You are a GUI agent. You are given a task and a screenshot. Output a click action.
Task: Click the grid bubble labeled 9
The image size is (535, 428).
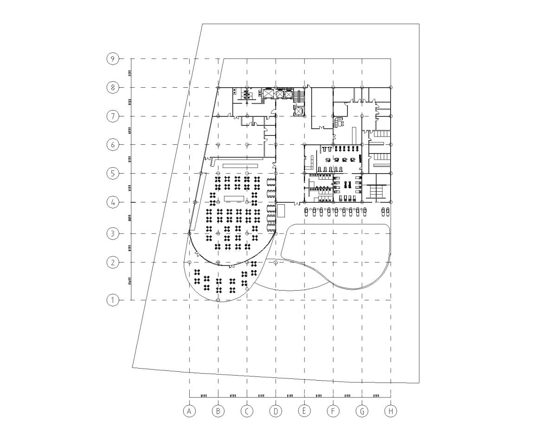[112, 59]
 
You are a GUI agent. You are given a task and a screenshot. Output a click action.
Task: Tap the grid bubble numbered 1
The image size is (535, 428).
[112, 300]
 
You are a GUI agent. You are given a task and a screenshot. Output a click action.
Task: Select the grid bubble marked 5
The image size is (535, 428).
[112, 174]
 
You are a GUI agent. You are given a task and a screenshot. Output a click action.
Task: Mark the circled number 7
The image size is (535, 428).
[112, 116]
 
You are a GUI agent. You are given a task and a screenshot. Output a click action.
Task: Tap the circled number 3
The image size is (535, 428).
[112, 233]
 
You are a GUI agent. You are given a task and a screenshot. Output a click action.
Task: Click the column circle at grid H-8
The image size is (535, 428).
[391, 87]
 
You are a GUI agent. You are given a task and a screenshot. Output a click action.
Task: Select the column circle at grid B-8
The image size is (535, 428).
[219, 87]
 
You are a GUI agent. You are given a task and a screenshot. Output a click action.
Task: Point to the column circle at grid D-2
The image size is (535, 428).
[276, 262]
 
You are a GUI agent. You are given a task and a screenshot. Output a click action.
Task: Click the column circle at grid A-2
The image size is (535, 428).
[189, 262]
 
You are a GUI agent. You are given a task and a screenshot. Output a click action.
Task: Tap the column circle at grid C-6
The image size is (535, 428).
[247, 145]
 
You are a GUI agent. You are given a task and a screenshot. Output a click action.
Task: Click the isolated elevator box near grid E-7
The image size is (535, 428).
[298, 111]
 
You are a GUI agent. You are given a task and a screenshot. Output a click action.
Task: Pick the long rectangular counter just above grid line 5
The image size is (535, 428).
[240, 165]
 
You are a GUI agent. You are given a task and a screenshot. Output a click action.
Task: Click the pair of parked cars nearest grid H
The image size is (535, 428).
[385, 212]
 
